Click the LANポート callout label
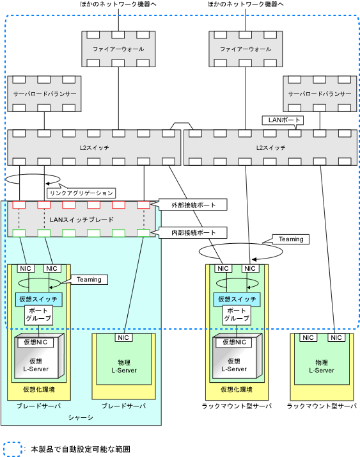click(x=283, y=120)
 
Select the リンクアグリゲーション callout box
click(x=81, y=193)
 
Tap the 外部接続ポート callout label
click(x=193, y=205)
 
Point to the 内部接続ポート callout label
click(x=193, y=233)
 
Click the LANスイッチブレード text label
click(x=82, y=220)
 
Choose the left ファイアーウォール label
click(x=118, y=49)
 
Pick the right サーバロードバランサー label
click(x=320, y=94)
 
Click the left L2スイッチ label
click(x=94, y=148)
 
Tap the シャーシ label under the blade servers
click(x=81, y=418)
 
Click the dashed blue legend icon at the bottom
click(x=13, y=449)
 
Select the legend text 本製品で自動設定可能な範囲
click(x=81, y=449)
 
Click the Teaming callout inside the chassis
click(x=89, y=280)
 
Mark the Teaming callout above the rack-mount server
click(x=291, y=239)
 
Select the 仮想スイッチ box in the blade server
click(x=39, y=300)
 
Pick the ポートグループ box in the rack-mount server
click(x=237, y=315)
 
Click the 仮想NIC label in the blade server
click(x=36, y=342)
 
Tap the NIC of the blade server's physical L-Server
click(x=123, y=337)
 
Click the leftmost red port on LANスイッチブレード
click(x=19, y=205)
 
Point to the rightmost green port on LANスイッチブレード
click(x=144, y=233)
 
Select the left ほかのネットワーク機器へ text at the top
click(x=118, y=4)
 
